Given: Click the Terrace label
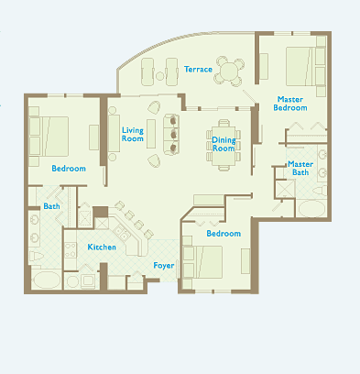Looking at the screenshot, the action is [198, 70].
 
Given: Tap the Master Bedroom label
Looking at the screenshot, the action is [290, 104].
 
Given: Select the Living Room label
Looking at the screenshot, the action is [133, 135].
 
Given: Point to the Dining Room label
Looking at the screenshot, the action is [224, 144].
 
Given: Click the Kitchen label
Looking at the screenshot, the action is [102, 247].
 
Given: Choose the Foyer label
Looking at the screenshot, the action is [164, 266].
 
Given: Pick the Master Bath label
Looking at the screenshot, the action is [300, 169].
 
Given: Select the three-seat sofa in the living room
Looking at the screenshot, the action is [171, 135].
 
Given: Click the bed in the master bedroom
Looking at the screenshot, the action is [301, 66].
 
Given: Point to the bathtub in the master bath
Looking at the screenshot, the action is [311, 209].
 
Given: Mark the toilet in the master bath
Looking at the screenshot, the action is [320, 192].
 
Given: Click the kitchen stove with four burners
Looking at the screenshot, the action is [71, 250].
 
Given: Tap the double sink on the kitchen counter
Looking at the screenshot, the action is [122, 233].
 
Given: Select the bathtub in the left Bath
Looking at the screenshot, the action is [47, 280].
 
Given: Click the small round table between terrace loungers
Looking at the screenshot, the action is [160, 76].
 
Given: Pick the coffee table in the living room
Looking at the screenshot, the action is [151, 134].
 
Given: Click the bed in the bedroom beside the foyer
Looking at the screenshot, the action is [203, 262].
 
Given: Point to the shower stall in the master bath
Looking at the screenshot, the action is [285, 189].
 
